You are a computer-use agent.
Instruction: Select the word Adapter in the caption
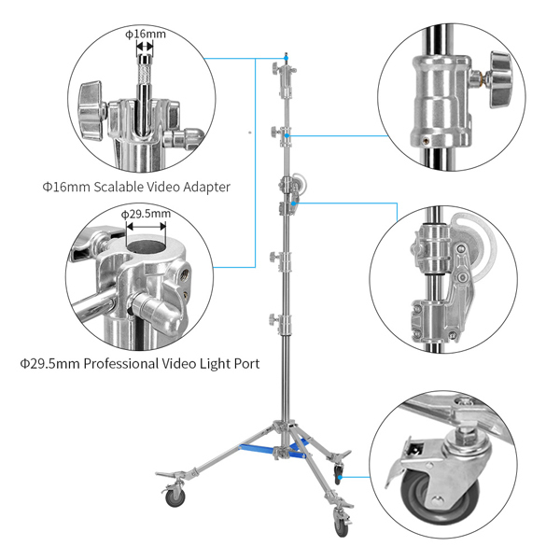tap(203, 187)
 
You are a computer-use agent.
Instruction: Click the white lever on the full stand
tap(299, 180)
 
